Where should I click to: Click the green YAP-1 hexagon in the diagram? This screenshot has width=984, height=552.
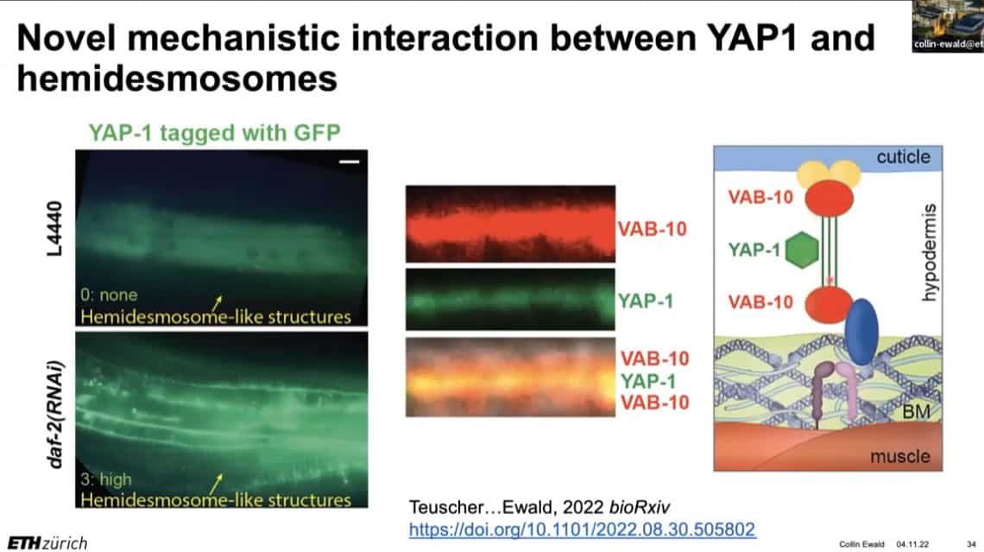802,250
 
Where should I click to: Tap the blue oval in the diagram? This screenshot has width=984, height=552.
861,333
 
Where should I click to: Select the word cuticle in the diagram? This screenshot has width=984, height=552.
903,156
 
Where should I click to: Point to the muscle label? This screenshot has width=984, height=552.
900,456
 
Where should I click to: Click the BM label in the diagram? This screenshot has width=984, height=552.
916,412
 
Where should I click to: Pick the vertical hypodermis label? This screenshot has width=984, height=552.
930,252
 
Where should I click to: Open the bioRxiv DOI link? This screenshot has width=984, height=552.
582,530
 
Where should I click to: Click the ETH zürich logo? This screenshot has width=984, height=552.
47,542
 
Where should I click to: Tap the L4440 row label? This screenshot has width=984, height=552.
54,229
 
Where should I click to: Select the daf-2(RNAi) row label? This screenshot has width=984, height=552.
55,415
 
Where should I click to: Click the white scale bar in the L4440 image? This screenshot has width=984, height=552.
350,162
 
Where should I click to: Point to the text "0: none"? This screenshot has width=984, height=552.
109,295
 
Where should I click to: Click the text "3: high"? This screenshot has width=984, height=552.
106,479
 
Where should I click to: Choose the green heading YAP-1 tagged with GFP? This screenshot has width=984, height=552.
215,132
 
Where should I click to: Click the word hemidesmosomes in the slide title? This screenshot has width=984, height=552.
178,79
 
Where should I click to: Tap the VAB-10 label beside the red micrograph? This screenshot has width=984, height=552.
652,229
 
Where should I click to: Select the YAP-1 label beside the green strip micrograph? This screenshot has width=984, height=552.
646,301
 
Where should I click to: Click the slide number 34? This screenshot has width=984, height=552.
971,544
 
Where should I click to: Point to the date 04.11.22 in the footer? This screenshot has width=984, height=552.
912,544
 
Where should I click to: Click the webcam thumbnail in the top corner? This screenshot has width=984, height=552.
948,26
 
